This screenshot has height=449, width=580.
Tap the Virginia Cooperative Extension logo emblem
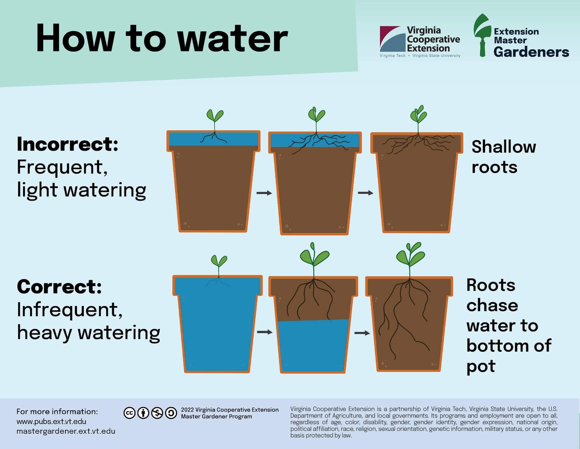point(391,39)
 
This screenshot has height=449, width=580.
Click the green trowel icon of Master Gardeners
point(482,35)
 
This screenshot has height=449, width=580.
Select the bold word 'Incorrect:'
point(67,144)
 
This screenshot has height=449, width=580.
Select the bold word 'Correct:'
point(59,286)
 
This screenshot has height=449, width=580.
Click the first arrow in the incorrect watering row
point(264,193)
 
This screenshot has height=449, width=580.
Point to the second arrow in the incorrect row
point(366,193)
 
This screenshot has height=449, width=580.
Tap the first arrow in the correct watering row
point(265,332)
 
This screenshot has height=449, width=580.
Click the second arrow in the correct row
point(362,333)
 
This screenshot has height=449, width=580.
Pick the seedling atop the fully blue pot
point(219,265)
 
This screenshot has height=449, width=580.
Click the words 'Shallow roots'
point(504,157)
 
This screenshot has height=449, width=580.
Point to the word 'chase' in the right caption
point(492,305)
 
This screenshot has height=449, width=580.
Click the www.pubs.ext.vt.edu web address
point(51,421)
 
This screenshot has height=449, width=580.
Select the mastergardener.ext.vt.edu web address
point(66,431)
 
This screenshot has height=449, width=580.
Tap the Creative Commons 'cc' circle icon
point(129,413)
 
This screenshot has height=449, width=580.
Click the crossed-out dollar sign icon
point(157,413)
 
